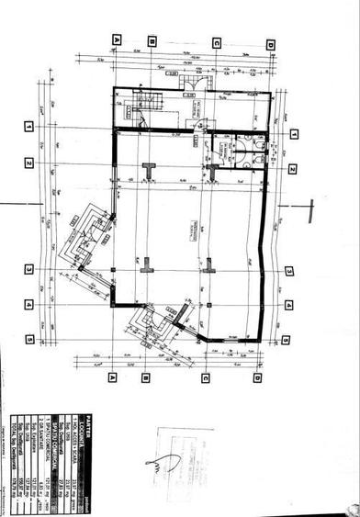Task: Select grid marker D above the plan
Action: click(x=269, y=44)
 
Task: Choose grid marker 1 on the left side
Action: click(x=29, y=125)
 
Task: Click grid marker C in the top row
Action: click(x=216, y=42)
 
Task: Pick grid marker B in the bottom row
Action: click(x=145, y=377)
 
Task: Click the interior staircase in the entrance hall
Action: click(x=147, y=109)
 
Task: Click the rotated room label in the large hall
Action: click(x=194, y=226)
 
